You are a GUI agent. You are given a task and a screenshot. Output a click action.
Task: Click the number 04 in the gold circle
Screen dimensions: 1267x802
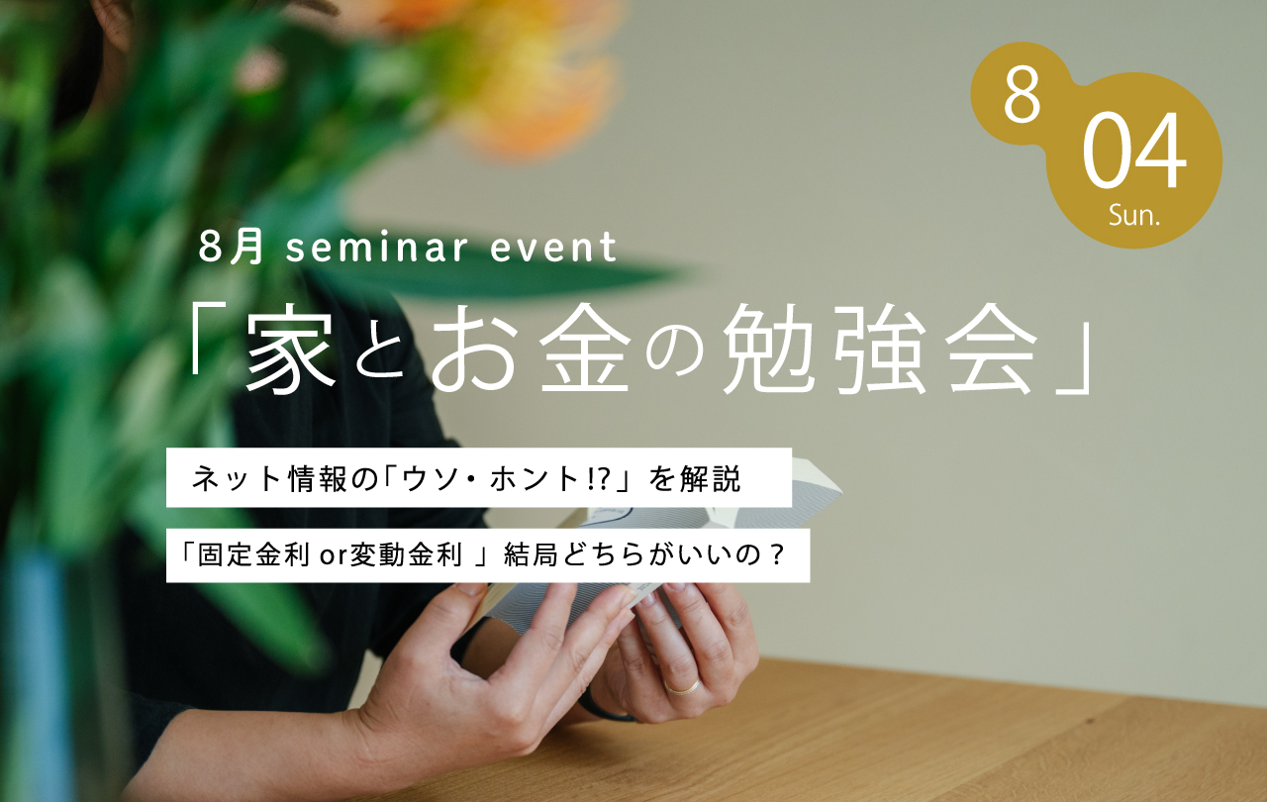coord(1134,150)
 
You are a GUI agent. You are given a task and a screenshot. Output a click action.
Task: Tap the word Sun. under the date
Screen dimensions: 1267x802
coord(1134,216)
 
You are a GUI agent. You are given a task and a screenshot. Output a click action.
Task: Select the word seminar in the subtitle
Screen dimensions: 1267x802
coord(377,248)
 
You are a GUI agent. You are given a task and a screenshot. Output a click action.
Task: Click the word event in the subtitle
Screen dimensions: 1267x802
coord(553,248)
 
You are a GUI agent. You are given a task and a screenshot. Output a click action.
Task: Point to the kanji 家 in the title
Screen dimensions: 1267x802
coord(290,348)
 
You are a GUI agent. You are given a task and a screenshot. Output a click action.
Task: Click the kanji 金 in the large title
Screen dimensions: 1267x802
coord(585,348)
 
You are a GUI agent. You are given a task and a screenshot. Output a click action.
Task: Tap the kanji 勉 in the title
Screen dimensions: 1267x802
coord(769,349)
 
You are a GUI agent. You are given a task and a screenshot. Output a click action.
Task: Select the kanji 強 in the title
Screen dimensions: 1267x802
coord(880,349)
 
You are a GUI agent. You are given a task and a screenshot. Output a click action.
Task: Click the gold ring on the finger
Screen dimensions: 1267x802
coord(682,688)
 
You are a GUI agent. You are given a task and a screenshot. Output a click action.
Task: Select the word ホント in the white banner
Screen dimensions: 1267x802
coord(534,478)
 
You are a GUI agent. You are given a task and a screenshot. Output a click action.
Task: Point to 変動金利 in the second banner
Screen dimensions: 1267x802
coord(406,554)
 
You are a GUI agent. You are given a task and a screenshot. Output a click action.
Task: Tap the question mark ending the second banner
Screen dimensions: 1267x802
coord(778,555)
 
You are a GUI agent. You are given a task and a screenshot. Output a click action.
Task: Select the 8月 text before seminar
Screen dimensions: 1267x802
coord(232,248)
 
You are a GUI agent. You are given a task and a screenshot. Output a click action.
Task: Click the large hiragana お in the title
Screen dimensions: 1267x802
coord(474,349)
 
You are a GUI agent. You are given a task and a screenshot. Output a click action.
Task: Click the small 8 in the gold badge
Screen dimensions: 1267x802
coord(1023,95)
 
